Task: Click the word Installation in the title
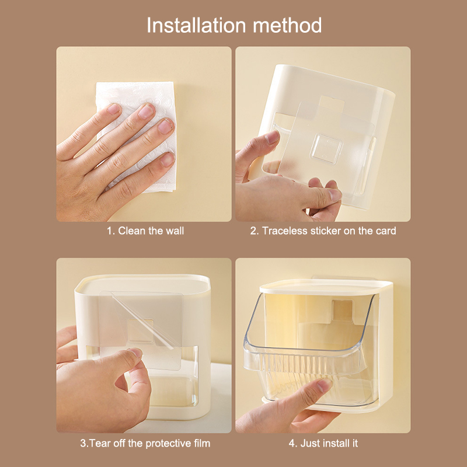click(196, 25)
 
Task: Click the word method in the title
click(287, 25)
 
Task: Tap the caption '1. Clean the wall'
click(145, 231)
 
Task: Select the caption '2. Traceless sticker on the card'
click(323, 231)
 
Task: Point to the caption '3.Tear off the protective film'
click(145, 443)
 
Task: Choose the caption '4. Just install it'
click(323, 443)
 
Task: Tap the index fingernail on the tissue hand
click(113, 109)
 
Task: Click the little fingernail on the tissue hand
click(168, 159)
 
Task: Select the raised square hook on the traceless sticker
click(327, 149)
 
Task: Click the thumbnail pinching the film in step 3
click(135, 353)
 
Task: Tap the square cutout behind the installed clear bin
click(342, 311)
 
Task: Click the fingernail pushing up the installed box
click(325, 385)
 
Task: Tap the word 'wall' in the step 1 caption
click(175, 231)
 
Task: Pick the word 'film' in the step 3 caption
click(202, 443)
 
